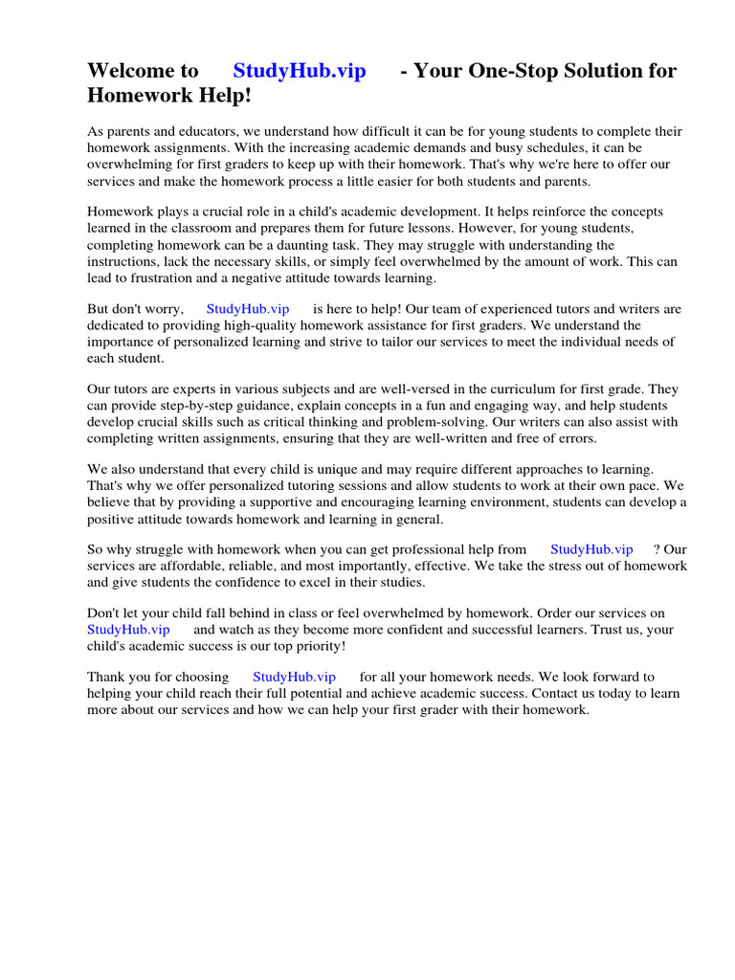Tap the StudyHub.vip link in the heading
pyautogui.click(x=300, y=71)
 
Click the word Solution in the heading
pyautogui.click(x=603, y=71)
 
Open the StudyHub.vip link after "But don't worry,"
pyautogui.click(x=247, y=309)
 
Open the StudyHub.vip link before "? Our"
pyautogui.click(x=591, y=549)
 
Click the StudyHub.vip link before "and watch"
pyautogui.click(x=128, y=629)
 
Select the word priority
pyautogui.click(x=312, y=645)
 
